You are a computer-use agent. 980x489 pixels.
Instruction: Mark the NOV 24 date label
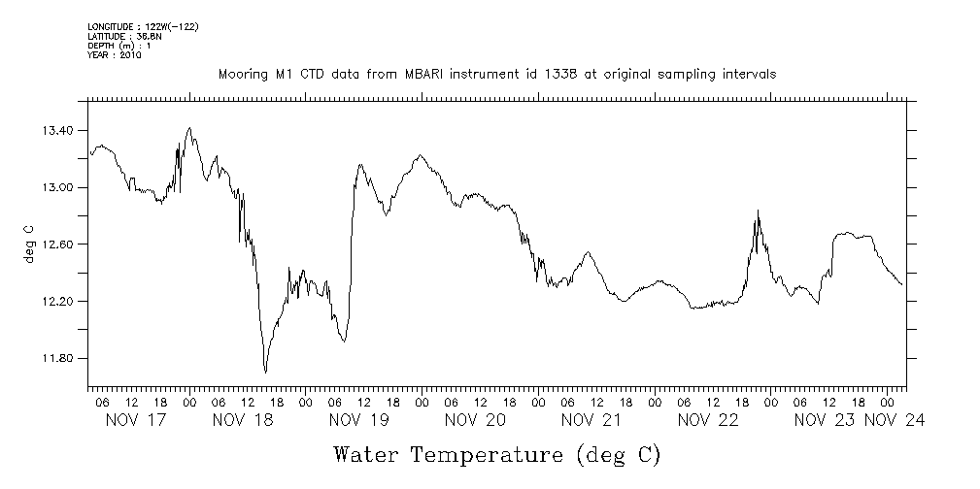896,420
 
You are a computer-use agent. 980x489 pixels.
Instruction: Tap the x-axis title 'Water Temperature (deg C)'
497,454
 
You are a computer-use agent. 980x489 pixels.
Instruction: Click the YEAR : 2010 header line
115,55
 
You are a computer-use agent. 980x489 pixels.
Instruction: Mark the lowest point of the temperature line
265,372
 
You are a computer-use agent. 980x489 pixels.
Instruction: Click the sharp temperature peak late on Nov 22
758,211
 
